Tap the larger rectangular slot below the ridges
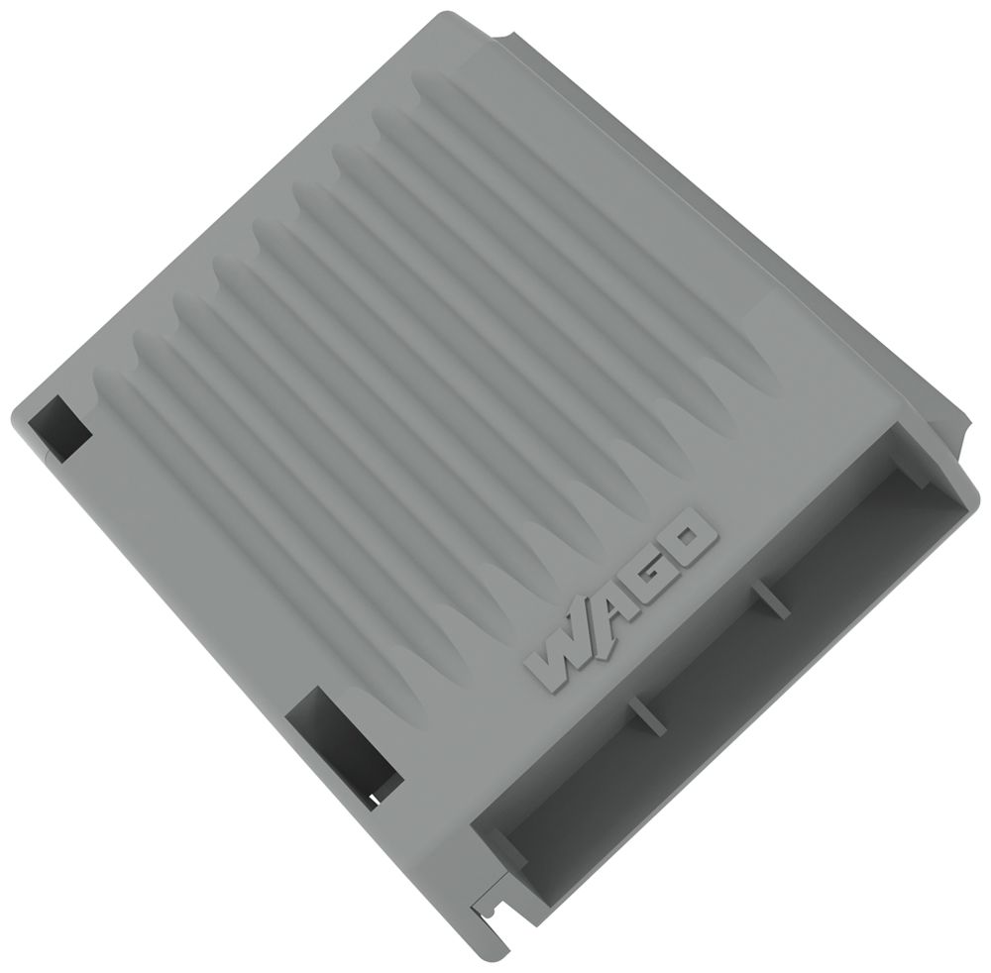(x=342, y=743)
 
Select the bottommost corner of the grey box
(x=511, y=953)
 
